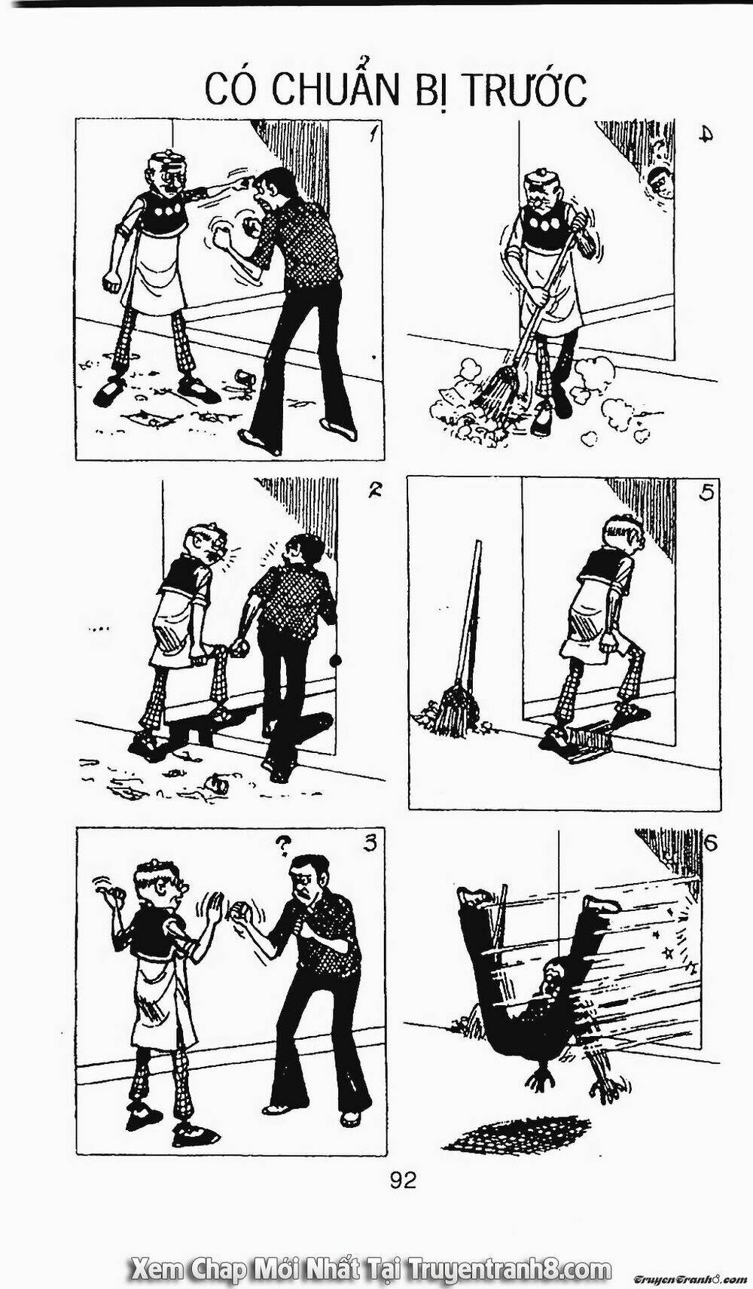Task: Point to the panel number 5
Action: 708,494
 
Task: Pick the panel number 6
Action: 710,843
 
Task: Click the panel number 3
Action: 370,844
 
